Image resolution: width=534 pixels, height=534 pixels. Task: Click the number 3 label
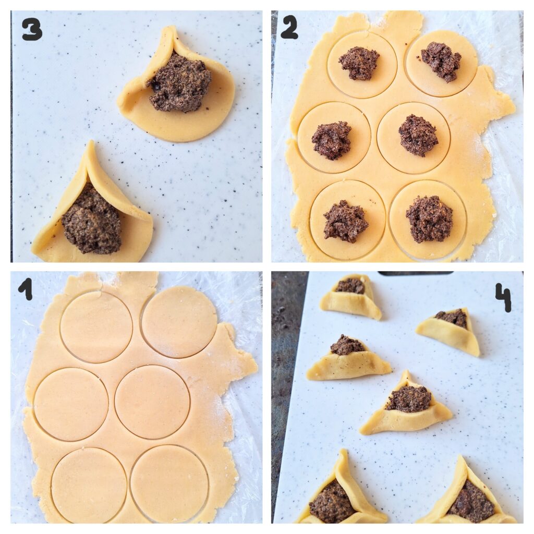pyautogui.click(x=32, y=29)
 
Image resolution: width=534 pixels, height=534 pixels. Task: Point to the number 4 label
pyautogui.click(x=503, y=298)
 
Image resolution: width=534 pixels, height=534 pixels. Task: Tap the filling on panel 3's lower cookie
pyautogui.click(x=91, y=219)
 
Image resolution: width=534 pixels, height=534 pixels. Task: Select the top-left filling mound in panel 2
pyautogui.click(x=359, y=63)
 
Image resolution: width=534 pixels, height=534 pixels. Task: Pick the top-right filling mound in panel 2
pyautogui.click(x=441, y=62)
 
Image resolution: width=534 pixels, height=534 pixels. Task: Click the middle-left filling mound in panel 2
pyautogui.click(x=332, y=141)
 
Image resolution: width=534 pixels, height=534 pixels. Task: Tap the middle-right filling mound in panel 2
pyautogui.click(x=418, y=135)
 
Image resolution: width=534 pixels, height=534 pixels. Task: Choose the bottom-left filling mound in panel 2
pyautogui.click(x=345, y=220)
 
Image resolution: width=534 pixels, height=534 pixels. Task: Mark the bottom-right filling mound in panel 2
pyautogui.click(x=429, y=219)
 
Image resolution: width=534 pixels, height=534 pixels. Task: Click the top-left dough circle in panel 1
pyautogui.click(x=96, y=327)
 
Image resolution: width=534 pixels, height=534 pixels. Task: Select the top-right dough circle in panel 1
pyautogui.click(x=179, y=322)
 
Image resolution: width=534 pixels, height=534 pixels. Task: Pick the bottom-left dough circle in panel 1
pyautogui.click(x=89, y=485)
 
